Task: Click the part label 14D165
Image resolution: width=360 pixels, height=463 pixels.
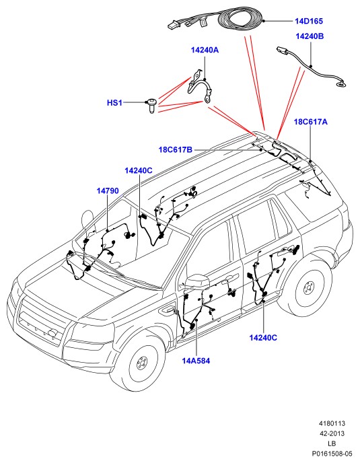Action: coord(309,21)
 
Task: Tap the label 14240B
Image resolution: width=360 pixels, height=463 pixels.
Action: coord(310,36)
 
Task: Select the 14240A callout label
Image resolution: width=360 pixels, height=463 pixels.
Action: coord(205,50)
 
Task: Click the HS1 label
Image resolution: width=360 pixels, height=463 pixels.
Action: coord(114,103)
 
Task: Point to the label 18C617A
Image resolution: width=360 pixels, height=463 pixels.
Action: coord(310,122)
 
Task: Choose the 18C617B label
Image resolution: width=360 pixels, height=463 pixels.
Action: coord(176,149)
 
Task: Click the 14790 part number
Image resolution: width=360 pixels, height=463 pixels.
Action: coord(108,190)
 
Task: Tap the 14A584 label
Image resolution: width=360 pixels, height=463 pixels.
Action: coord(196,361)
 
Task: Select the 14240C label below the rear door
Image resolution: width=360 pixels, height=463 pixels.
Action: coord(263,338)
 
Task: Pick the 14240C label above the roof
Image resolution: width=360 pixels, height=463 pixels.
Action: coord(138,171)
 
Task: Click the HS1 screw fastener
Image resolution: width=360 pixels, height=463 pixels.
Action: coord(152,106)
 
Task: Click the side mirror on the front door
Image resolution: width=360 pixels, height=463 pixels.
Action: coord(197,282)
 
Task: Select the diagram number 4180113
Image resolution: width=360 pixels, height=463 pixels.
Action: coord(332,423)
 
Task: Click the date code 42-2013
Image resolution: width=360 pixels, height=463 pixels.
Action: coord(332,433)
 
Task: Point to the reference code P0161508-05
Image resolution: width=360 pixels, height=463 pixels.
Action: coord(332,454)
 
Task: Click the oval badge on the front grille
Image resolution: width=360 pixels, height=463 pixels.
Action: coord(53,332)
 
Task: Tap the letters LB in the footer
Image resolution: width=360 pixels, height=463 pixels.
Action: coord(332,443)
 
